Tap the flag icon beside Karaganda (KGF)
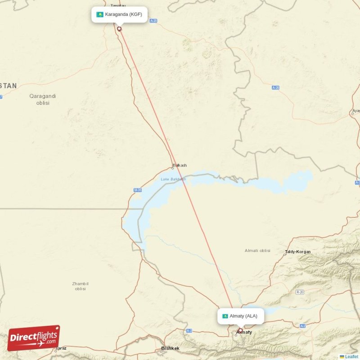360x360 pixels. coord(99,14)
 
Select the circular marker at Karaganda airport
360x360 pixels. coord(119,29)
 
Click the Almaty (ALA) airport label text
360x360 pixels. coord(243,316)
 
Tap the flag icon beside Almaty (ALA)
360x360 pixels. coord(225,316)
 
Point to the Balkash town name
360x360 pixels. coord(180,165)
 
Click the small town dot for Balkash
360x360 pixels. coord(172,168)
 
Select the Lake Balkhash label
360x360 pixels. coord(173,179)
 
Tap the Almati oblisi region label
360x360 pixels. coord(257,250)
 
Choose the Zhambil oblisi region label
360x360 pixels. coord(80,286)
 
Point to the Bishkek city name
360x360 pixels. coord(171,348)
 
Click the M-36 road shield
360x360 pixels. coord(137,190)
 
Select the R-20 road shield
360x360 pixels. coord(300,292)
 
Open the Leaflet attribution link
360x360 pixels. coord(351,356)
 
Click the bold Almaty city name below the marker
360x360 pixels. coord(244,332)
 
